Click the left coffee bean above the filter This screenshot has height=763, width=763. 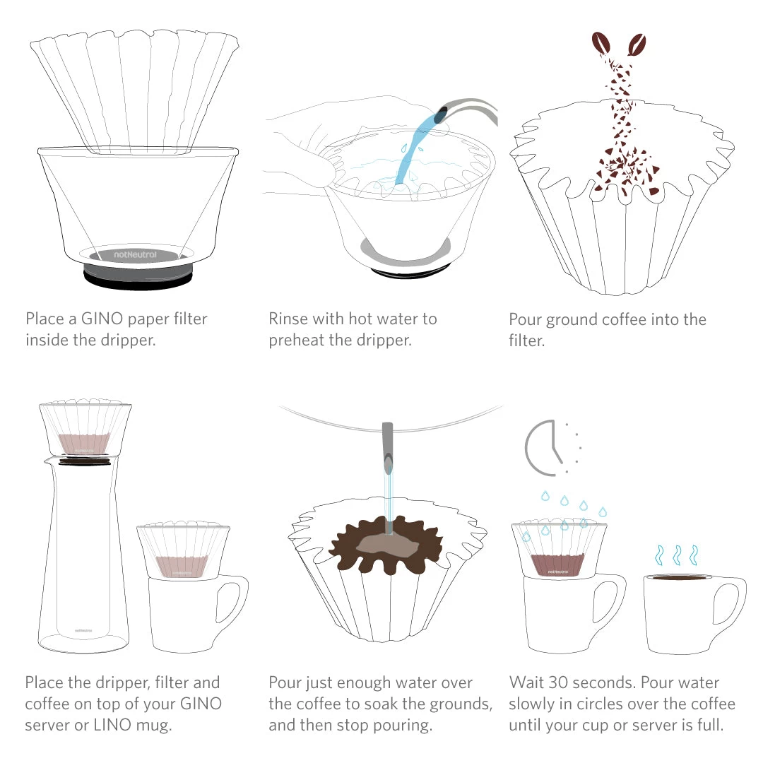click(x=602, y=45)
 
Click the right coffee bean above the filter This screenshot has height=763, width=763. click(x=637, y=45)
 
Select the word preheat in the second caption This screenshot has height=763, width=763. click(x=297, y=340)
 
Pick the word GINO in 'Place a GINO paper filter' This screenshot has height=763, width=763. click(x=88, y=319)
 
